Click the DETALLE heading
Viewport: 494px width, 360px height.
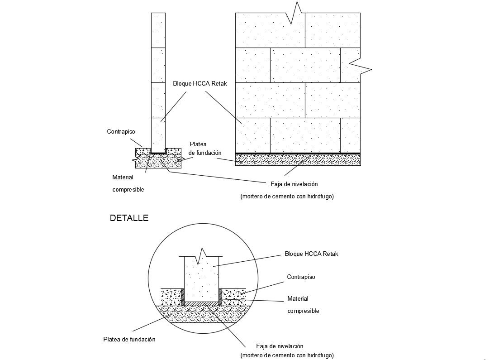[129, 218]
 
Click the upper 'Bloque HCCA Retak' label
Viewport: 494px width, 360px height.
[199, 84]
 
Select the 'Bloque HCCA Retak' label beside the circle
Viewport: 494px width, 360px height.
[311, 254]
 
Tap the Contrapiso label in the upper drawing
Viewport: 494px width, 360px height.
[121, 132]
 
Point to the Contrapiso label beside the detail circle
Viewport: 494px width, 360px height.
[301, 277]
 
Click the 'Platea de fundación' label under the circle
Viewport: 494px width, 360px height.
[129, 339]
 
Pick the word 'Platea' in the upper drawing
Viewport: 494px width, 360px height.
[198, 144]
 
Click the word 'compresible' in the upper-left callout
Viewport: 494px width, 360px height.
[128, 190]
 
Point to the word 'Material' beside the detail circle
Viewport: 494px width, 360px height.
[298, 298]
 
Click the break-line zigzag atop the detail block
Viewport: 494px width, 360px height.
[202, 256]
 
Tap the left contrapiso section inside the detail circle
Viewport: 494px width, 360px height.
[172, 297]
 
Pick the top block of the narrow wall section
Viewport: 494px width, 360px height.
[158, 30]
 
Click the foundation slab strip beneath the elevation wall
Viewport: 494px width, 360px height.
[298, 160]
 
